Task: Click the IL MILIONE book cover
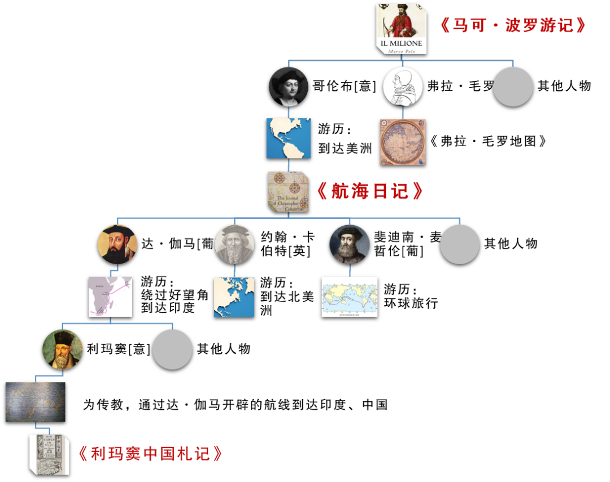point(401,28)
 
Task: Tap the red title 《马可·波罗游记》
point(513,25)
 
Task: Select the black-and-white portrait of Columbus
point(288,86)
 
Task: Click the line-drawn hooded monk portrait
point(403,86)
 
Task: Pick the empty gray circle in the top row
point(513,86)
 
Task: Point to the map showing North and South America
point(288,138)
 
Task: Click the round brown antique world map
point(403,142)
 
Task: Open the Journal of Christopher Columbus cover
point(288,192)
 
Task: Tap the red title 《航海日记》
point(370,191)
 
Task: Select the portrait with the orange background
point(117,244)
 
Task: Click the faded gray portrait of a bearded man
point(234,244)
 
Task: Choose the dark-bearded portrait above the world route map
point(350,244)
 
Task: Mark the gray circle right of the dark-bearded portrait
point(460,244)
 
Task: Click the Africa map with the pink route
point(110,297)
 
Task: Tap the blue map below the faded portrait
point(234,297)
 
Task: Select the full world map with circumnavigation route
point(350,297)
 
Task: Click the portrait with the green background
point(62,349)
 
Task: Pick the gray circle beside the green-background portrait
point(172,349)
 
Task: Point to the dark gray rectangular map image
point(35,402)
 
